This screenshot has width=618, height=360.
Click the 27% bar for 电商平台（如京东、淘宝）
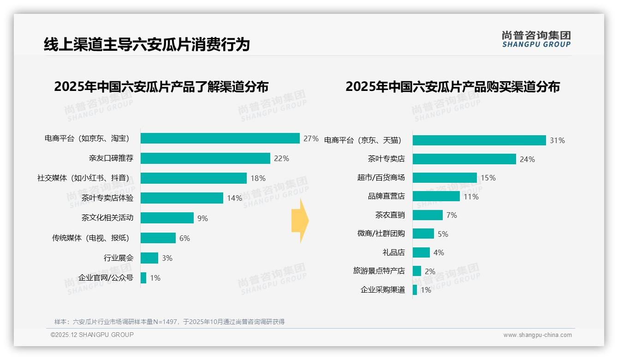pyautogui.click(x=220, y=138)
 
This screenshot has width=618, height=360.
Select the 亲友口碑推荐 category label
pyautogui.click(x=111, y=158)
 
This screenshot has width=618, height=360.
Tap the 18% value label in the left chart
pyautogui.click(x=258, y=178)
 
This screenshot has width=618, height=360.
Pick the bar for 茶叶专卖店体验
pyautogui.click(x=182, y=198)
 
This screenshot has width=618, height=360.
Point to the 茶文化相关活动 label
pyautogui.click(x=107, y=218)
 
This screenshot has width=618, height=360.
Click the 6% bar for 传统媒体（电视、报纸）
pyautogui.click(x=158, y=238)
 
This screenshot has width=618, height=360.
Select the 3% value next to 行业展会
pyautogui.click(x=167, y=258)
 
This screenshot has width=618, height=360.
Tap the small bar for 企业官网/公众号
pyautogui.click(x=143, y=278)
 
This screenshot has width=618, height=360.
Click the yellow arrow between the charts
pyautogui.click(x=300, y=221)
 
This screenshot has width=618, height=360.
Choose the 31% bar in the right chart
pyautogui.click(x=479, y=140)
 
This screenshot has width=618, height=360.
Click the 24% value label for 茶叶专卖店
pyautogui.click(x=527, y=159)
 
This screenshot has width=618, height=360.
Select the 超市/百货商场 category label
pyautogui.click(x=381, y=178)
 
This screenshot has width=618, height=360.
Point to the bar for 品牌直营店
pyautogui.click(x=436, y=196)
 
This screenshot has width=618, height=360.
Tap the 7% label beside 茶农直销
pyautogui.click(x=452, y=215)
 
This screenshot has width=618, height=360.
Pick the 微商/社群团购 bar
pyautogui.click(x=423, y=234)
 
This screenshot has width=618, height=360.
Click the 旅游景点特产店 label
pyautogui.click(x=379, y=271)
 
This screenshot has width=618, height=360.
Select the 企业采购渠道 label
pyautogui.click(x=382, y=290)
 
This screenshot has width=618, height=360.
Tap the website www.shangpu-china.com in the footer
pyautogui.click(x=537, y=335)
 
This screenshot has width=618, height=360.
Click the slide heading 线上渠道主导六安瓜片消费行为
pyautogui.click(x=147, y=45)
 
